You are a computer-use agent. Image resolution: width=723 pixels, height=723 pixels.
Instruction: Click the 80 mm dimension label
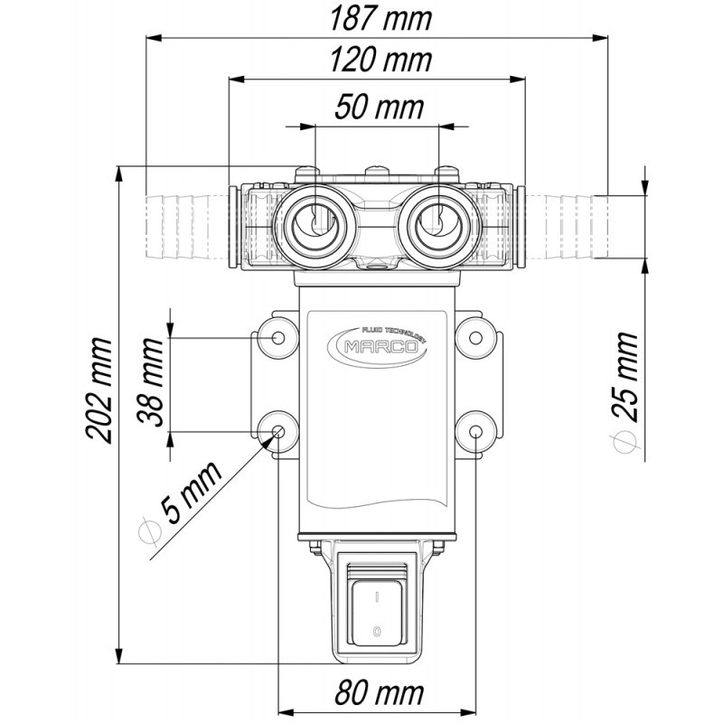coord(377,694)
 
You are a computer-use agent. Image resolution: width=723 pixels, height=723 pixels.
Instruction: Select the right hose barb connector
coord(567,223)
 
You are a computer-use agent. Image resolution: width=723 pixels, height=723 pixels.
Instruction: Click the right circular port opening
coord(438,221)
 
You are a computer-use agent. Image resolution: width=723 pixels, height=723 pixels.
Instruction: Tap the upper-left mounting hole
coord(277,338)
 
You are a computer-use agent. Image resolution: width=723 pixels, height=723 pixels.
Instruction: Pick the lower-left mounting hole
coord(277,431)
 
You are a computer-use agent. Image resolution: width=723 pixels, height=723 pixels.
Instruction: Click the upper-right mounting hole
coord(475,338)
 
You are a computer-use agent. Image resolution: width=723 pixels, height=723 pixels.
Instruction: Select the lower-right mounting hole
coord(475,431)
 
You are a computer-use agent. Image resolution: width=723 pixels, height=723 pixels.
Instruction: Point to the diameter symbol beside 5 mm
coord(151,532)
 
